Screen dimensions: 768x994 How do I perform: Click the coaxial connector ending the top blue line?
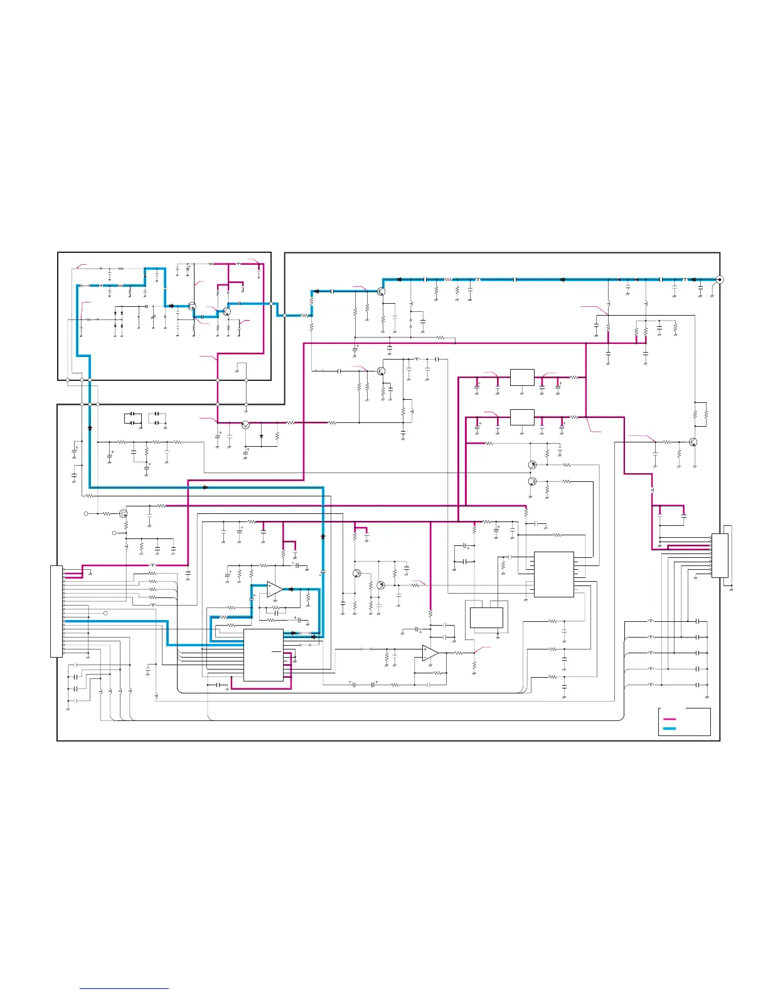coord(719,280)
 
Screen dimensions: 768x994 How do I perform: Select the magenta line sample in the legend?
coord(669,719)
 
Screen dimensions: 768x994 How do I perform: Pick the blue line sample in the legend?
coord(669,729)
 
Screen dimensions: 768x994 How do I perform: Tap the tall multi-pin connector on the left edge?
coord(56,611)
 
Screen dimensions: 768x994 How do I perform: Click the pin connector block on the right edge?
coord(720,555)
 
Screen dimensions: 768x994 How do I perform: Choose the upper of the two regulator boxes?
coord(522,377)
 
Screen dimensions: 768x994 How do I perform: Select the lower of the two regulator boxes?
coord(522,417)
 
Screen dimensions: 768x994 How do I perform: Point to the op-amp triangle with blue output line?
coord(275,589)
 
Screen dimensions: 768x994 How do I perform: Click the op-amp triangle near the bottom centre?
coord(430,653)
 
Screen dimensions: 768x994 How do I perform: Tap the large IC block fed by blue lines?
coord(263,655)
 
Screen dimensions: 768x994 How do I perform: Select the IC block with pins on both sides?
coord(553,574)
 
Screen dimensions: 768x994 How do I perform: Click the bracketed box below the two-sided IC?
coord(486,617)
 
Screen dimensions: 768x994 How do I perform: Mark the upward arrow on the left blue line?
coord(90,426)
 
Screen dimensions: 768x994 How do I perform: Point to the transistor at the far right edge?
coord(693,442)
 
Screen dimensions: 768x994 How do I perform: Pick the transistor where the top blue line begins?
coord(381,291)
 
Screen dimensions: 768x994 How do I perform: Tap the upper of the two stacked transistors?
coord(531,465)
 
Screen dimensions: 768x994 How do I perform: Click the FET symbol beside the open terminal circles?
coord(124,513)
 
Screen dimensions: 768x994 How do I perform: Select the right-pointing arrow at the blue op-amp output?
coord(292,589)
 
